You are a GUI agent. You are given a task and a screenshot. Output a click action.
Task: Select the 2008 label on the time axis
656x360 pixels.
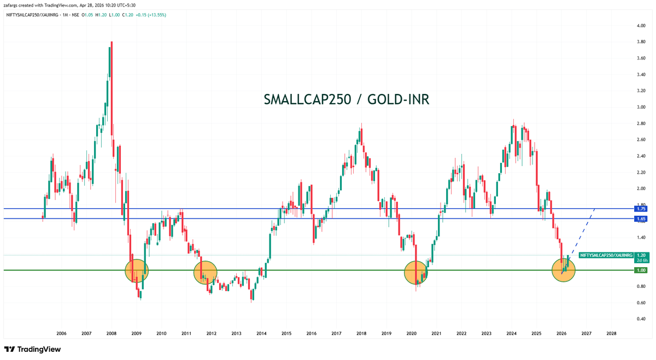(x=111, y=333)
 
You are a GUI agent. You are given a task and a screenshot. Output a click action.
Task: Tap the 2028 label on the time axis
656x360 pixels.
(x=611, y=333)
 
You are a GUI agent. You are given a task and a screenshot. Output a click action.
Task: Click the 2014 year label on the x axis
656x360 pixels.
(x=261, y=333)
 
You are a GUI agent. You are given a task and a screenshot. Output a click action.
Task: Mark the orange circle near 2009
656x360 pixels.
(x=137, y=270)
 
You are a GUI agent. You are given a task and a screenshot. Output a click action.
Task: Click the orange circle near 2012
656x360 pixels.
(x=206, y=272)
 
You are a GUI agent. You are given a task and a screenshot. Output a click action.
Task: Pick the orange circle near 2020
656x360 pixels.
(x=415, y=272)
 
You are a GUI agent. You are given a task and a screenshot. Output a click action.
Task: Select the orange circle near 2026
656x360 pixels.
(x=564, y=270)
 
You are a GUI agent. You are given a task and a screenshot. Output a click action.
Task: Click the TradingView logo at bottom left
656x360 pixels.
(x=32, y=349)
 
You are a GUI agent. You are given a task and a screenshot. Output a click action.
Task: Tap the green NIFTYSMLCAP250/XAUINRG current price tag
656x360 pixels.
(x=606, y=255)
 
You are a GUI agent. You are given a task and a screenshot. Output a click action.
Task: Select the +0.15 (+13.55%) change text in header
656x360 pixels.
(x=148, y=15)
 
